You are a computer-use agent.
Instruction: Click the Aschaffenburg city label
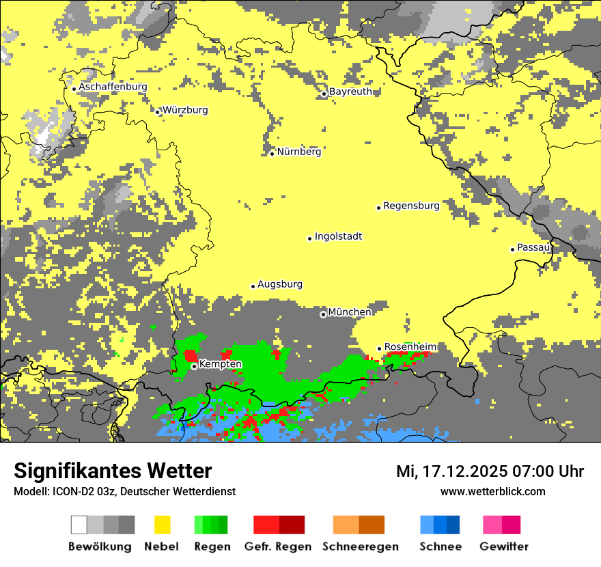(x=113, y=87)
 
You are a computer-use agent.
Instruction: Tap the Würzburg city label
(x=185, y=111)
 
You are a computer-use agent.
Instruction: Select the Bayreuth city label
(x=350, y=92)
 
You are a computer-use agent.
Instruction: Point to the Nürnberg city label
(x=298, y=152)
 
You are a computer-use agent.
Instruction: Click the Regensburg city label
(x=411, y=206)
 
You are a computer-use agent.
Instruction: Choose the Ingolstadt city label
(x=338, y=237)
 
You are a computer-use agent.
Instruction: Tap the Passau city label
(x=533, y=248)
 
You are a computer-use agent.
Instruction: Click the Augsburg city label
(x=280, y=285)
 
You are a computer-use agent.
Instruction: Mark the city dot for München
(x=323, y=314)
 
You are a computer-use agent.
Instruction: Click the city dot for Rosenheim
(x=380, y=348)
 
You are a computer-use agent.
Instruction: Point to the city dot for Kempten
(x=194, y=366)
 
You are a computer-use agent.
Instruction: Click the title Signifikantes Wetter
(x=113, y=471)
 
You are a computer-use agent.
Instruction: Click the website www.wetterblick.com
(x=492, y=492)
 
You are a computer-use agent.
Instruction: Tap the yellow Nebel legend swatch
(x=163, y=525)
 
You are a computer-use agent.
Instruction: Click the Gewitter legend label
(x=504, y=547)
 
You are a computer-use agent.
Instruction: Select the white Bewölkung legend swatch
(x=79, y=525)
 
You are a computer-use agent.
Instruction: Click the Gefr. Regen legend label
(x=278, y=547)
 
